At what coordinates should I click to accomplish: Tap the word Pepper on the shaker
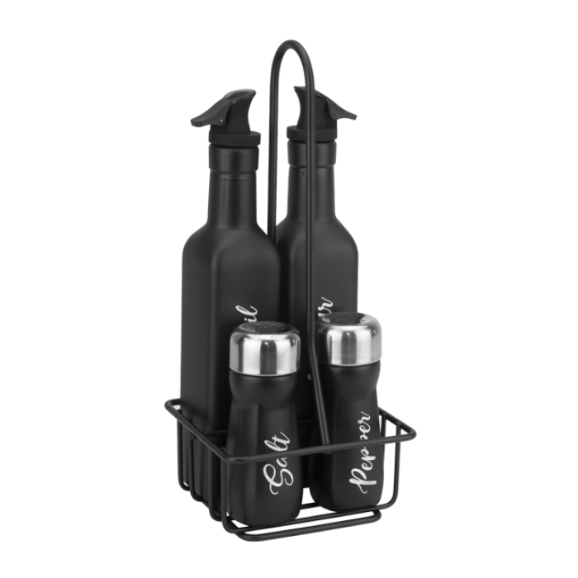point(362,455)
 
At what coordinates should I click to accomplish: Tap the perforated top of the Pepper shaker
point(352,320)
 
